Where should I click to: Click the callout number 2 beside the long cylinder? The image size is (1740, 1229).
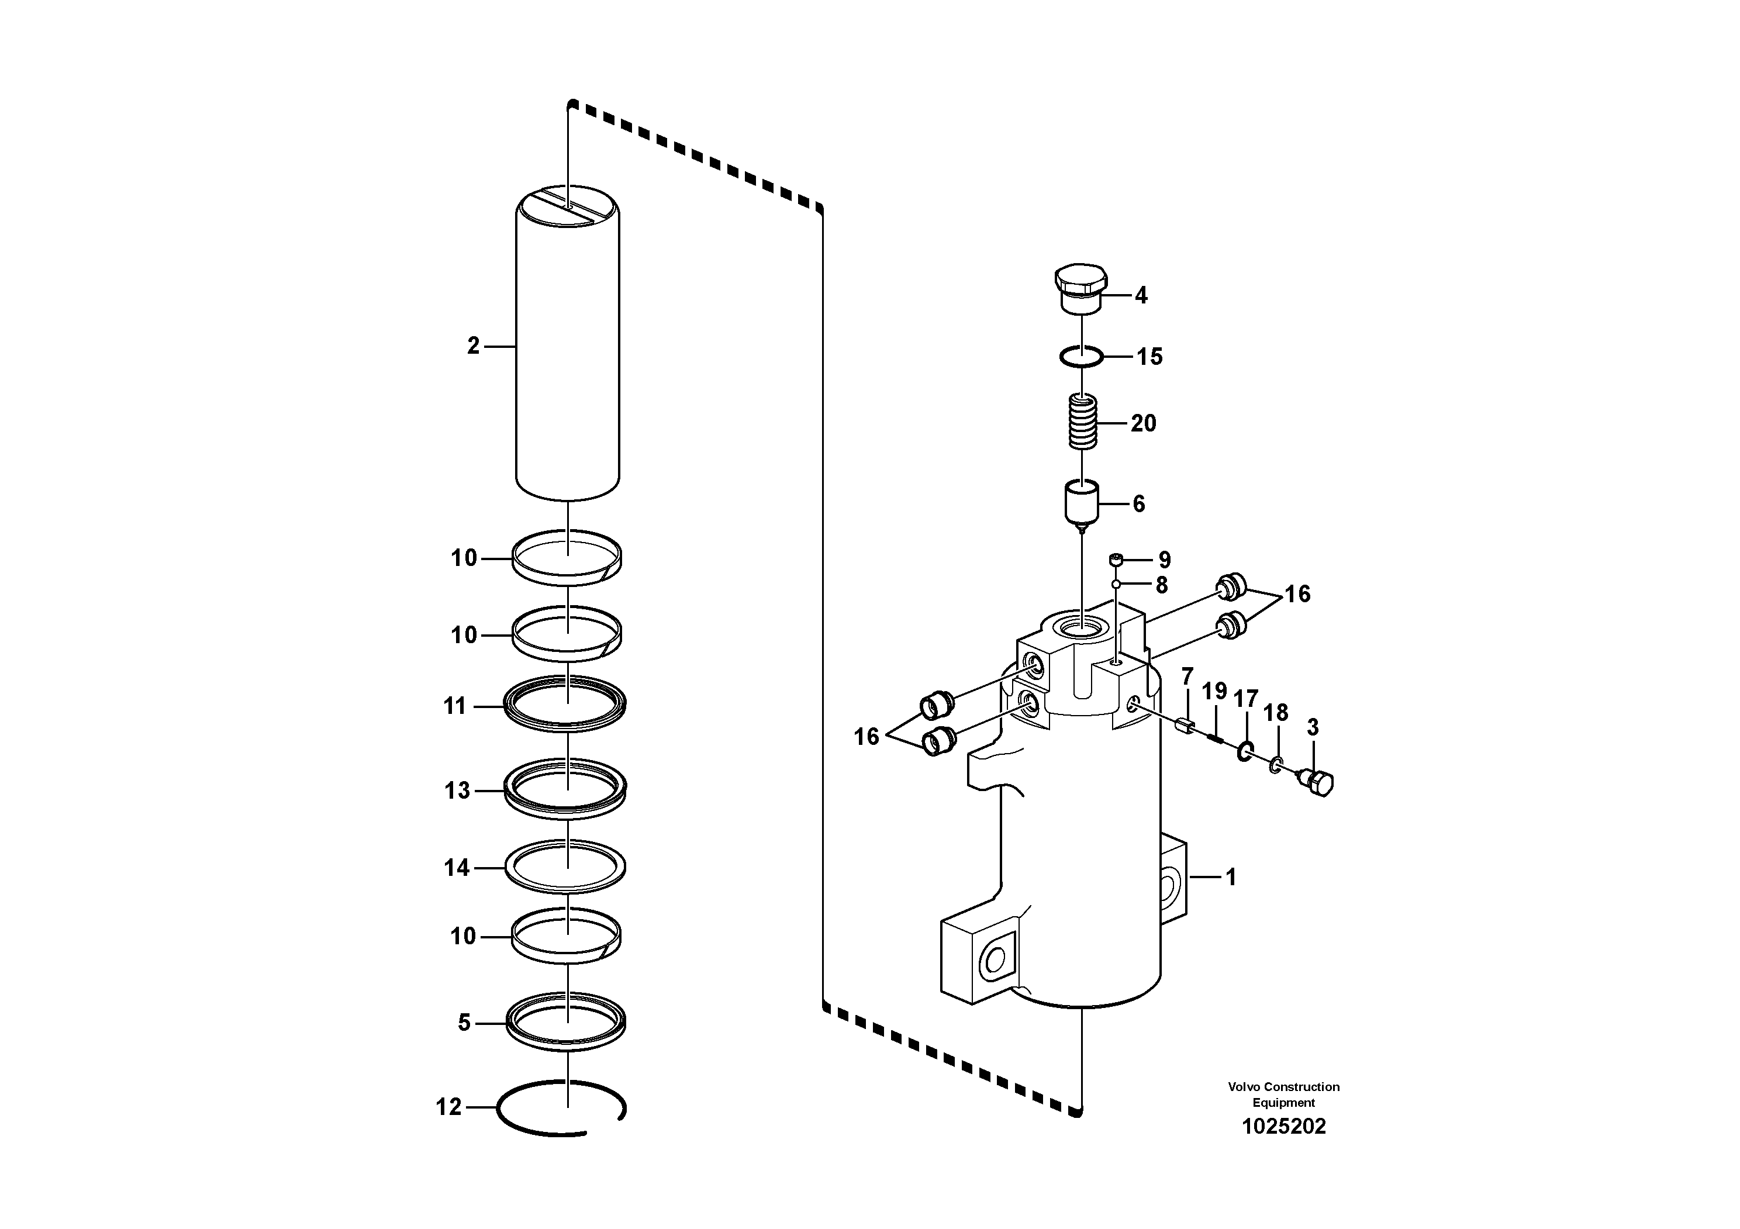[474, 346]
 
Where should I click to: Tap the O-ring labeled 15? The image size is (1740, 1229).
[1080, 356]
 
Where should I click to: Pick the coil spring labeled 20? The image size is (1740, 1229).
[1082, 422]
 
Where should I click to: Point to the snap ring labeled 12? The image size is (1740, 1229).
[561, 1109]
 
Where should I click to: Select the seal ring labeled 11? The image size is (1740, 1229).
[565, 705]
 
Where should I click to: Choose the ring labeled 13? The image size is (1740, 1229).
[565, 788]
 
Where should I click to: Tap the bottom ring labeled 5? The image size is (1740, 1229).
[565, 1021]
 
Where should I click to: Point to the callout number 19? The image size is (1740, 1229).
[1214, 691]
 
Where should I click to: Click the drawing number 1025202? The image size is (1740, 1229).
[1284, 1127]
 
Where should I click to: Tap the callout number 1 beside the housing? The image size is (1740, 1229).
[1231, 878]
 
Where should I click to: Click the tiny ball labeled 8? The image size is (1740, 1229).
[1116, 584]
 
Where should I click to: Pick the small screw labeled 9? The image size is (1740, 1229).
[1116, 560]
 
